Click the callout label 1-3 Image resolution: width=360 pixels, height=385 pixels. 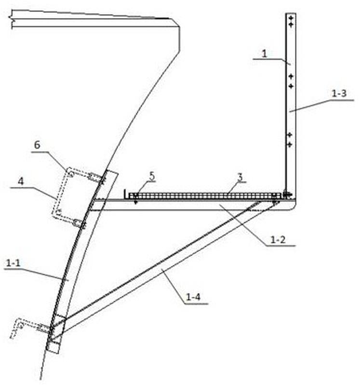339,93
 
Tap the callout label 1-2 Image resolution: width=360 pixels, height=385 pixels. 278,239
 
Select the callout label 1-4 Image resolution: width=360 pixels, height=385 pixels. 193,297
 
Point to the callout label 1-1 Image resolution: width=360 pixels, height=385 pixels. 13,263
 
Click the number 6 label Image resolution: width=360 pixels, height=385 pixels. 37,145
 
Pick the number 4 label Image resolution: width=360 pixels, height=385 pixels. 21,182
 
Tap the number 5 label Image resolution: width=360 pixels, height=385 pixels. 152,176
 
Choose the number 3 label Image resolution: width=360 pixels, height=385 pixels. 240,177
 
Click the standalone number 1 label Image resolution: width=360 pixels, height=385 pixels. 264,53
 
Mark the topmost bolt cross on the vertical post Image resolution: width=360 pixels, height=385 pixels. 291,18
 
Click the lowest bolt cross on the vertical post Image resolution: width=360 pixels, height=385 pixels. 290,145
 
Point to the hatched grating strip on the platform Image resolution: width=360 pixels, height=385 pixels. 205,196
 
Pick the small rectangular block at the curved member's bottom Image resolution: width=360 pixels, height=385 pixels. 53,347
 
